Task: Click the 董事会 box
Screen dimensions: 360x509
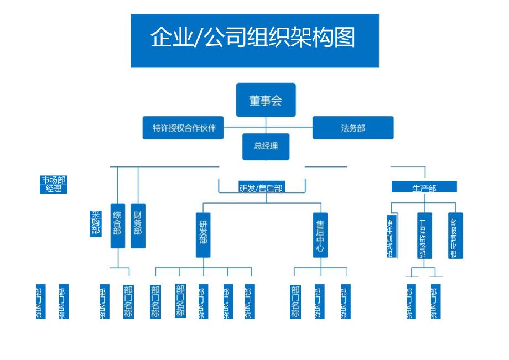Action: point(266,100)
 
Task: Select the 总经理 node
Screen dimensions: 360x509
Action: point(266,147)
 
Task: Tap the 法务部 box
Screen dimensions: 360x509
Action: point(353,128)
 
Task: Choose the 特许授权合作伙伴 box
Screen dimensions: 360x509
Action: point(184,128)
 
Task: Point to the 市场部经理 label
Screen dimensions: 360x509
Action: point(53,185)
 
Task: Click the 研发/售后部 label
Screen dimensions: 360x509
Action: point(261,189)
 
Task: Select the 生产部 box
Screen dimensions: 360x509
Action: point(424,187)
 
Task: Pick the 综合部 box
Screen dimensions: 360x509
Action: point(117,226)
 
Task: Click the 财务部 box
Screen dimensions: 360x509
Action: point(138,226)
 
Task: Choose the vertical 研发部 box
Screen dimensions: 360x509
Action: point(203,235)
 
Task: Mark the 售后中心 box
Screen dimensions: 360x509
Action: point(320,235)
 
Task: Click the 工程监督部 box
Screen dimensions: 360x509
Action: point(424,236)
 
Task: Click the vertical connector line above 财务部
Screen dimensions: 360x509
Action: point(138,185)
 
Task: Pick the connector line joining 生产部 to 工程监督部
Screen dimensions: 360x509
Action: point(424,202)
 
